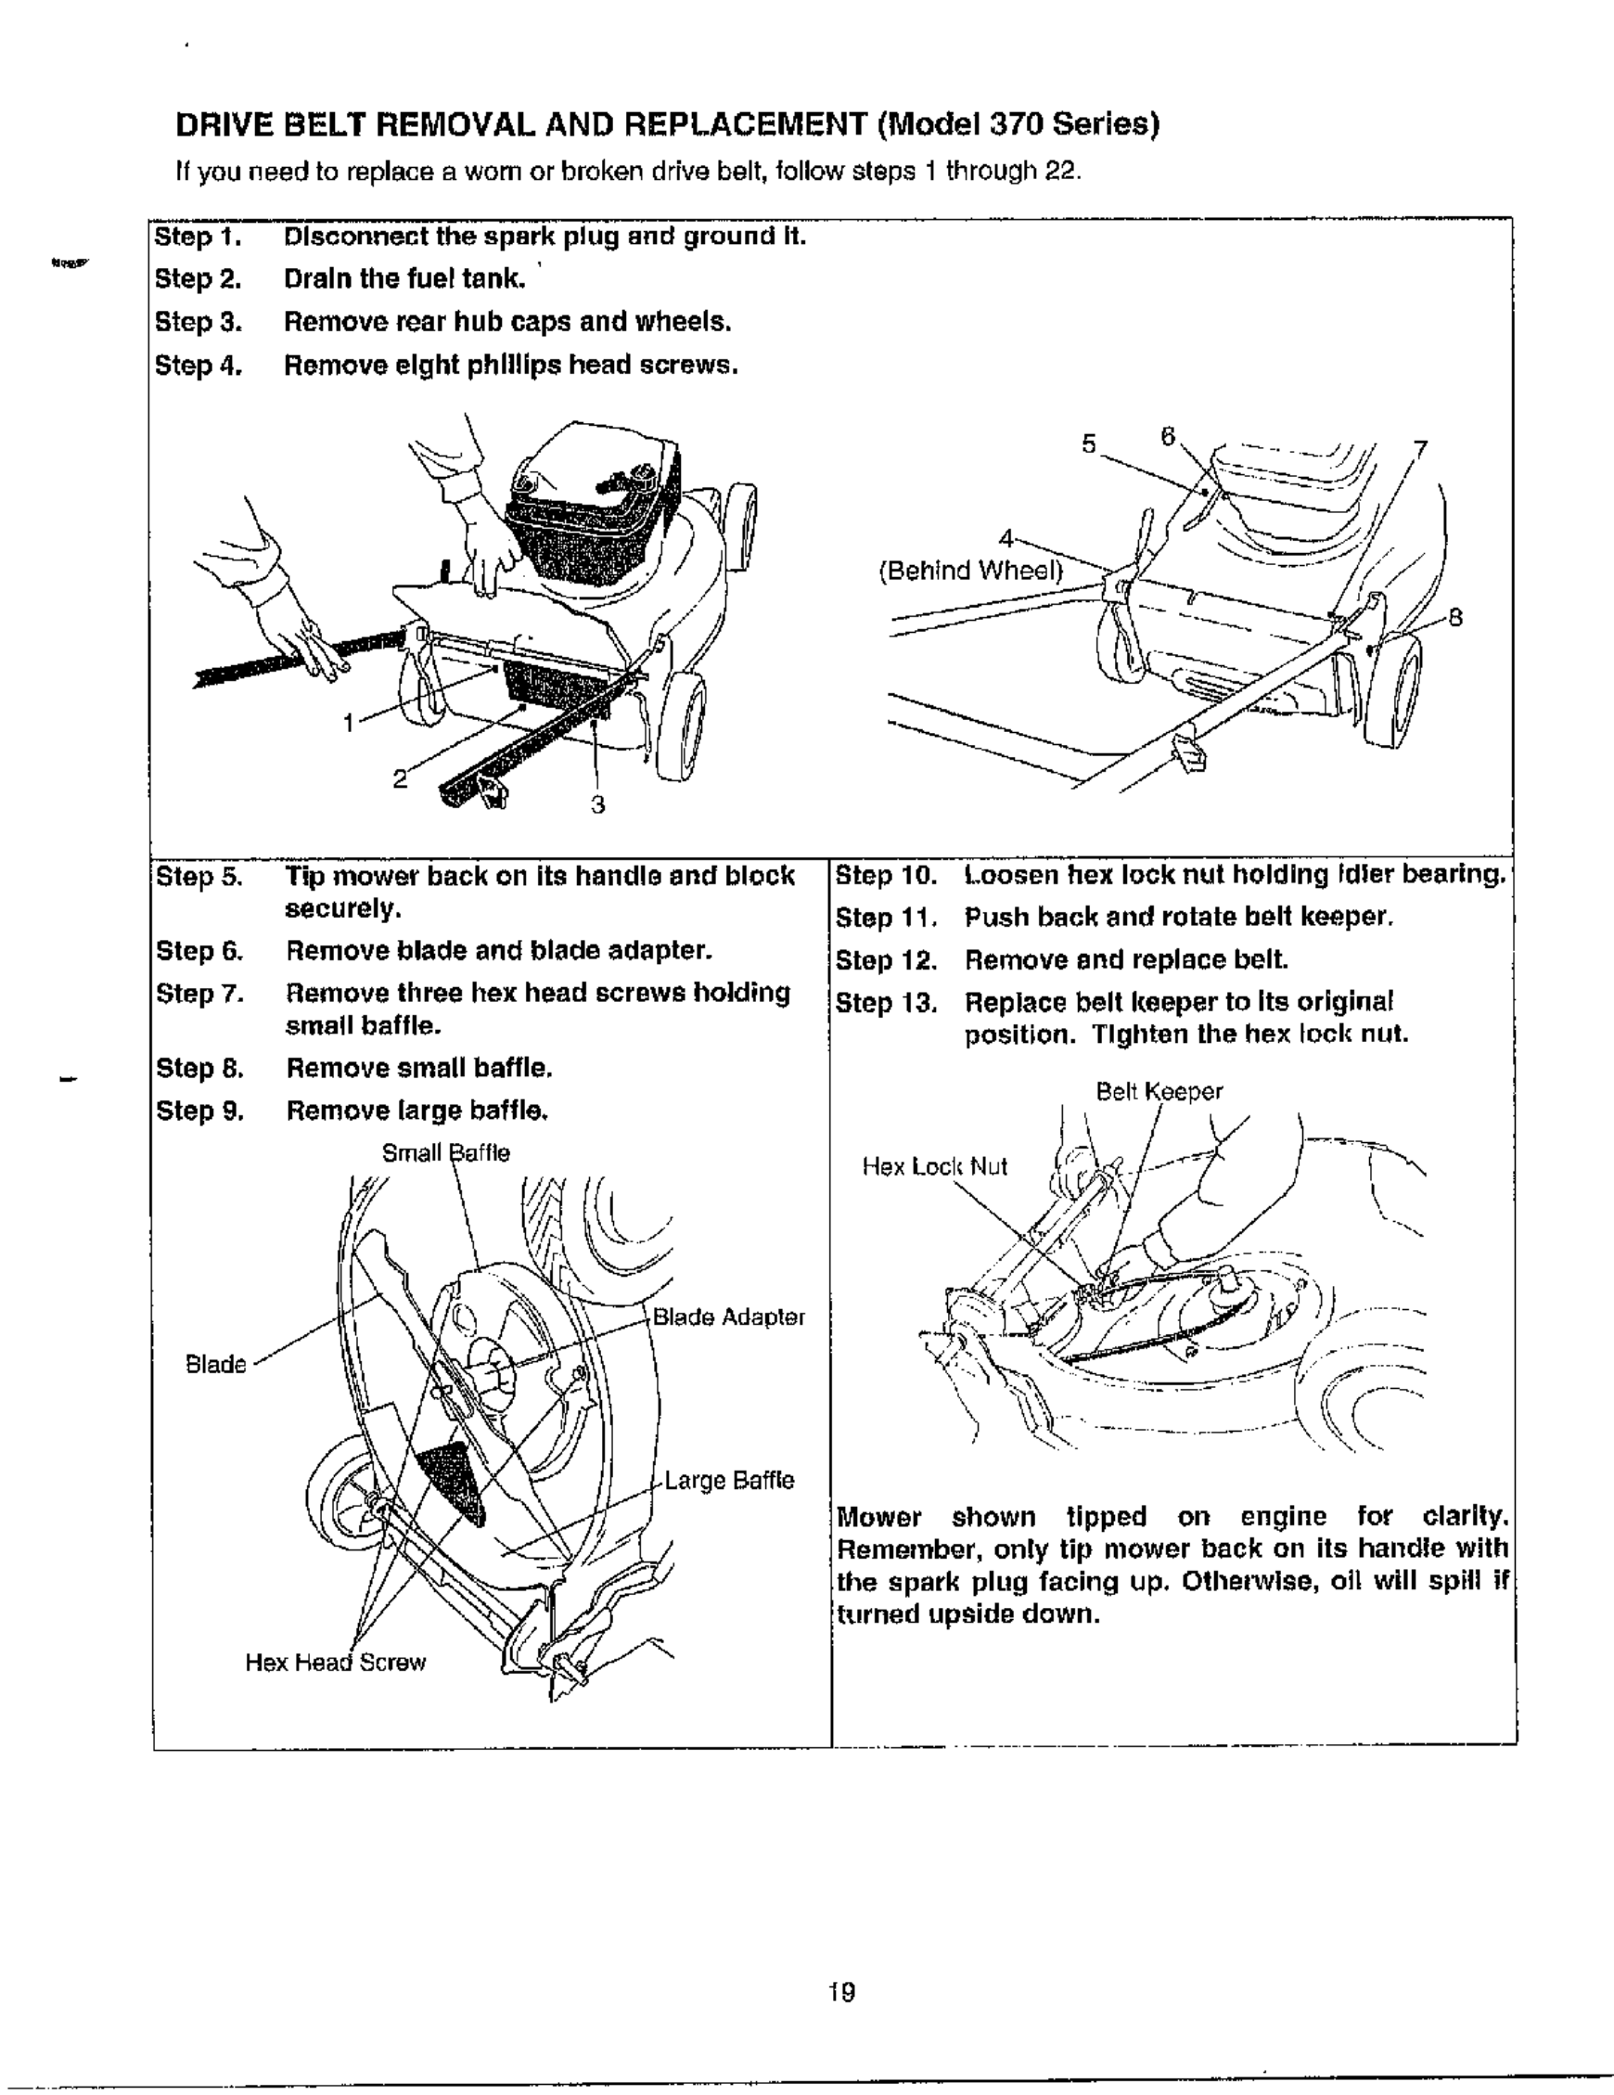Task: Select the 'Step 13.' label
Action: (885, 1002)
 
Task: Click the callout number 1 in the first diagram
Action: (350, 723)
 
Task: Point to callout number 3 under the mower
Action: (597, 804)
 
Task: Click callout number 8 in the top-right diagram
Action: (1454, 618)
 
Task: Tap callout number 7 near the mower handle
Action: (1420, 449)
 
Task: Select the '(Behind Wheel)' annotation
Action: (971, 572)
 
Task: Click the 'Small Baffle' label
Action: (445, 1152)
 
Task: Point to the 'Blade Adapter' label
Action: (728, 1317)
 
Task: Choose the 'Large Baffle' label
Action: (729, 1480)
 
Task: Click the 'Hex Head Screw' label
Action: (335, 1663)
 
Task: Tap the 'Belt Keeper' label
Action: (1159, 1092)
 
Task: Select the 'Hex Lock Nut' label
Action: (934, 1166)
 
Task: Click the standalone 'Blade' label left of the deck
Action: (215, 1364)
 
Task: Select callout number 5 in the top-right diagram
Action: (1088, 443)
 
